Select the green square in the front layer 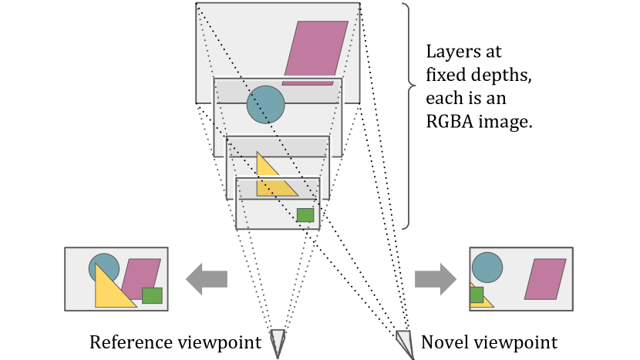(305, 214)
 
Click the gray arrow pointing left (206, 278)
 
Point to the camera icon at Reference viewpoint (278, 341)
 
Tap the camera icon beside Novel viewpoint (405, 340)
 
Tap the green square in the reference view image (153, 294)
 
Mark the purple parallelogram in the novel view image (544, 279)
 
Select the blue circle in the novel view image (487, 267)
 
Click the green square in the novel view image (476, 294)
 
